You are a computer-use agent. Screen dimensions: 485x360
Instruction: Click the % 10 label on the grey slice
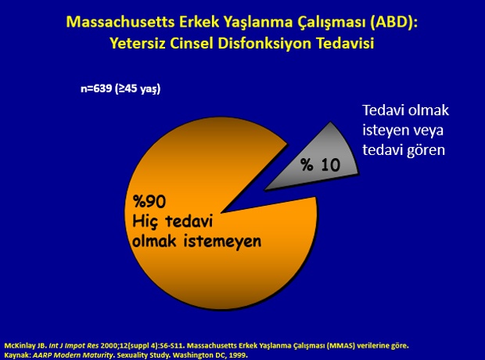pos(321,164)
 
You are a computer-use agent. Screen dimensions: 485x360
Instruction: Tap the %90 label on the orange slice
pos(149,201)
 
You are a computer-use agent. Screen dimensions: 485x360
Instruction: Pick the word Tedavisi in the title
pos(345,43)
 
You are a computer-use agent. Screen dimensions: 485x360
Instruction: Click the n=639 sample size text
pos(96,88)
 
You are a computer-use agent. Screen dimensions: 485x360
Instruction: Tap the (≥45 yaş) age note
pos(138,89)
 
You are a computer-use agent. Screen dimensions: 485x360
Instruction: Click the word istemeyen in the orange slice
pos(223,241)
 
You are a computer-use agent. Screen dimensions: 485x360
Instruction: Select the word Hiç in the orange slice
pos(145,222)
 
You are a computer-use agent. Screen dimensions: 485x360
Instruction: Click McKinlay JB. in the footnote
pos(26,345)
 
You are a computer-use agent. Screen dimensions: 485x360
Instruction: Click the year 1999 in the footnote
pos(239,355)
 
